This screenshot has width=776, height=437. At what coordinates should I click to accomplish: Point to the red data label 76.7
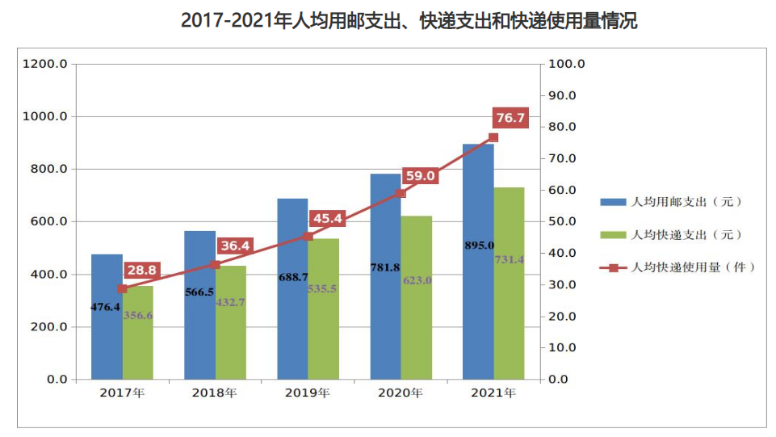510,119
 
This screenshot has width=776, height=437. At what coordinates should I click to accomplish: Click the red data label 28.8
141,270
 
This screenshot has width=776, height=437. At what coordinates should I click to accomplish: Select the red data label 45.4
326,218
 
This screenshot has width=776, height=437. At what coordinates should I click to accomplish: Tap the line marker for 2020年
401,193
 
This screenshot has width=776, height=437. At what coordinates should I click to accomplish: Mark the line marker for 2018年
215,264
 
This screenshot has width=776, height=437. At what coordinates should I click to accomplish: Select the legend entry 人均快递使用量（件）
678,267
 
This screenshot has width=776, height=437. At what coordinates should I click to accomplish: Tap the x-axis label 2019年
308,393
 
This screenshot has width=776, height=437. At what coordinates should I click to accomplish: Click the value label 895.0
480,245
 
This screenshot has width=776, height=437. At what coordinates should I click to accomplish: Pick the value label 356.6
138,315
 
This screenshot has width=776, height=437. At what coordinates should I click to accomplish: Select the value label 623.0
417,280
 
